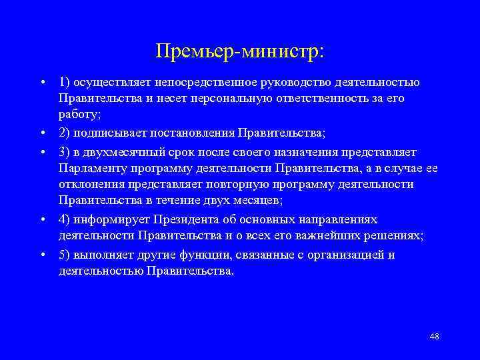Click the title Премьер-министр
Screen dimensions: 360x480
tap(239, 51)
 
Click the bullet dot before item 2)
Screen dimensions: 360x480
tap(42, 130)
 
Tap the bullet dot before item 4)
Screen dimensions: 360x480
tap(42, 220)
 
